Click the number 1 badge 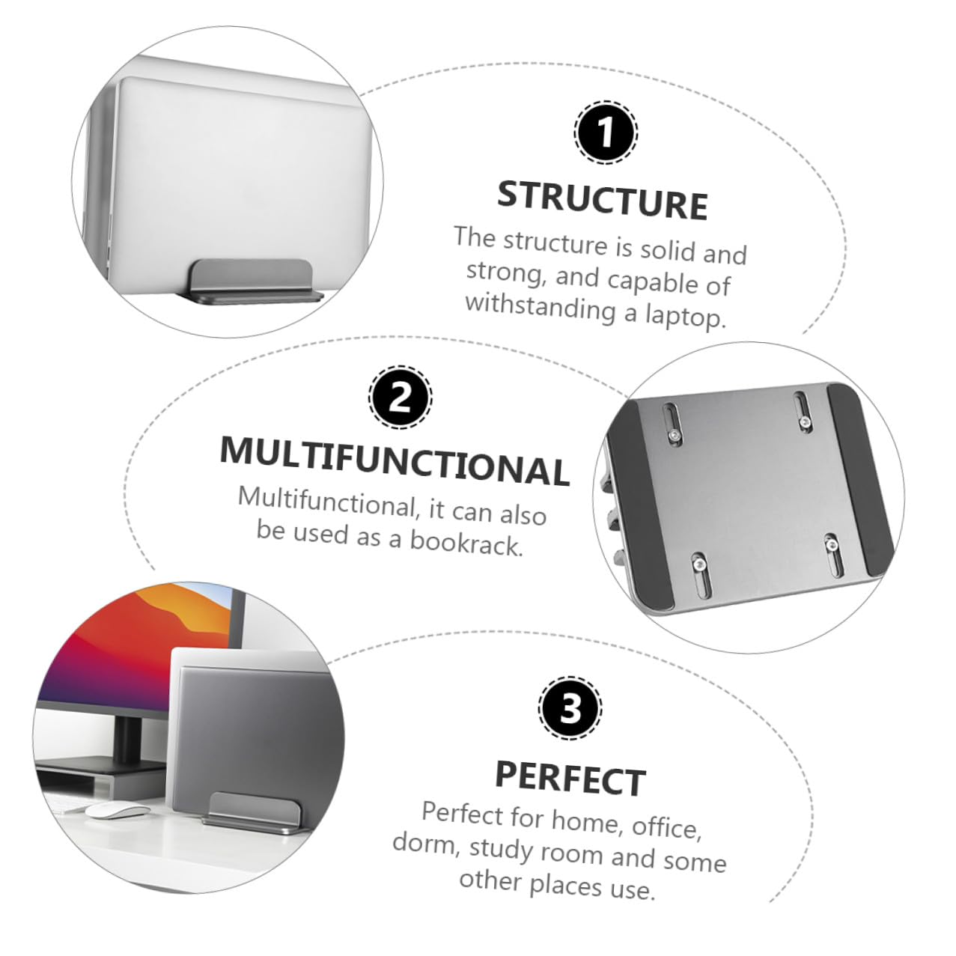606,133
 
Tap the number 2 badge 400,397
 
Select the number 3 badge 570,708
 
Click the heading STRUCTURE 603,200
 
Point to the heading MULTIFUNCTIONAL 395,461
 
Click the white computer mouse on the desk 117,810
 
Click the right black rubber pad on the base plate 859,479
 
